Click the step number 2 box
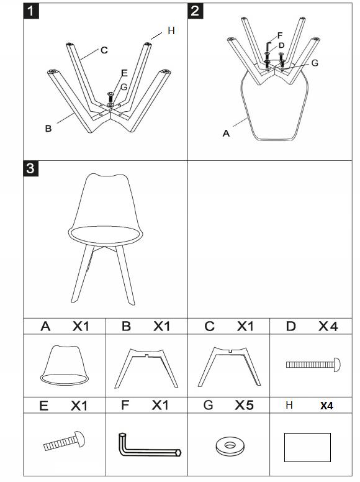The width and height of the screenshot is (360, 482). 196,11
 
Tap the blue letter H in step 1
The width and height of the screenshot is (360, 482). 171,30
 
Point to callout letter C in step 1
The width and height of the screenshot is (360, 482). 104,50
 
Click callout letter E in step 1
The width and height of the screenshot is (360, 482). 124,73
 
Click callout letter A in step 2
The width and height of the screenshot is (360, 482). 226,132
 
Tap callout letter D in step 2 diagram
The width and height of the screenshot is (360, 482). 282,45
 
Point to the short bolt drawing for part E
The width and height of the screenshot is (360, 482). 65,440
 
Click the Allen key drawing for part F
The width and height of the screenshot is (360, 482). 148,446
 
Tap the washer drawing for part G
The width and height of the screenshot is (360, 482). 229,445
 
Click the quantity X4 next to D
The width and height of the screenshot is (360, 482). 328,326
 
